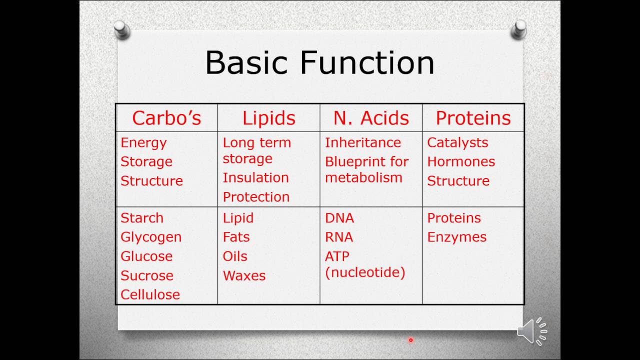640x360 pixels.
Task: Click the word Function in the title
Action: [x=367, y=63]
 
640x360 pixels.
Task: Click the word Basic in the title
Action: [x=246, y=63]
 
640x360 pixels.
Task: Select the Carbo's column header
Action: [x=166, y=118]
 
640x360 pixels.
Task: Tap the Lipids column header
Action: [x=269, y=118]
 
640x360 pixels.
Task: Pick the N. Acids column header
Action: [x=371, y=118]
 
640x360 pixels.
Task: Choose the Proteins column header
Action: [x=473, y=118]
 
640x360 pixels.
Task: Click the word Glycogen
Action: [x=151, y=237]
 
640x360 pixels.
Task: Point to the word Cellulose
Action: [x=150, y=294]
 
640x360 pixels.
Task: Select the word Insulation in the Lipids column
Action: [x=255, y=177]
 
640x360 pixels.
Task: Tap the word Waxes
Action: [x=244, y=275]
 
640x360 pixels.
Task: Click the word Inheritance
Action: [x=363, y=142]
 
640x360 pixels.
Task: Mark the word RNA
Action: [x=339, y=237]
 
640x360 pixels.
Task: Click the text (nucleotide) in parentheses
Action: [x=365, y=272]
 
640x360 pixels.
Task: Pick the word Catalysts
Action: [x=457, y=142]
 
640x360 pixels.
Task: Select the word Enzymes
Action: [x=456, y=237]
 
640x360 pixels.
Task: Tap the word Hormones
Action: [x=461, y=161]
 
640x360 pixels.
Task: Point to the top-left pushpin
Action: [x=121, y=30]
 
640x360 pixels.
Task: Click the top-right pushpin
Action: [x=519, y=29]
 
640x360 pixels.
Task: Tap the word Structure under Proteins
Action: [x=458, y=180]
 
